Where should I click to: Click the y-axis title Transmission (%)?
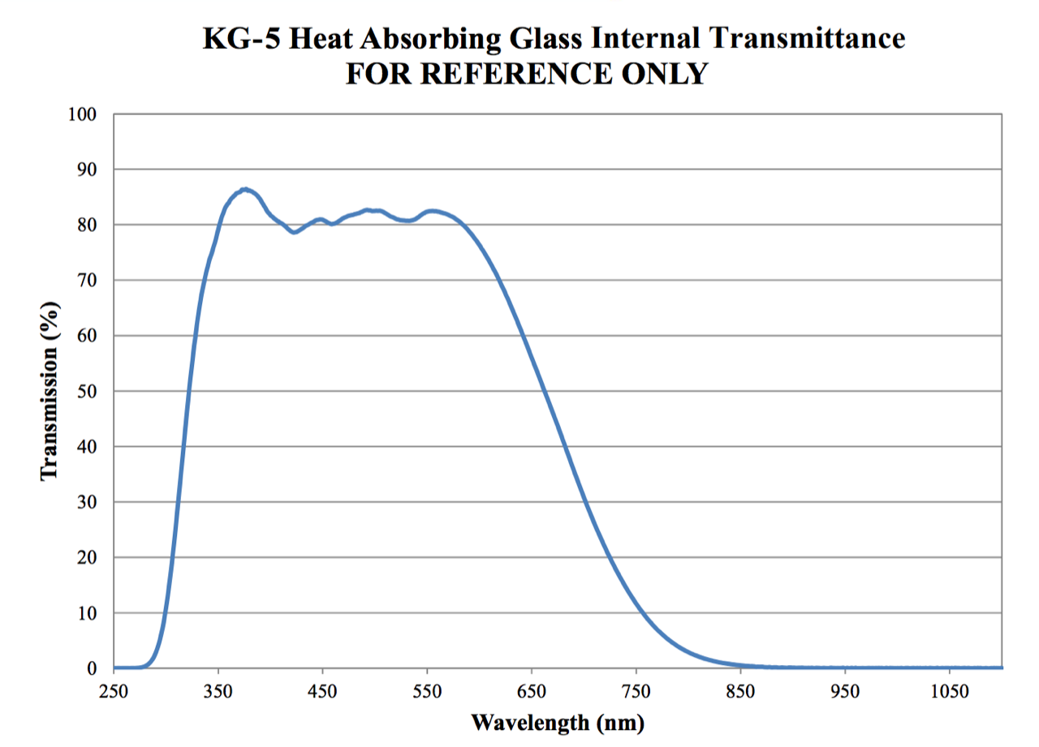[50, 391]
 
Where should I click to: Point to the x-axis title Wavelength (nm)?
[558, 721]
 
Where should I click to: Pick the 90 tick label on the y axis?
[86, 170]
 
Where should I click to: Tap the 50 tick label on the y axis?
[86, 392]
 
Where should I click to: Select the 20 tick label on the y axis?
[86, 558]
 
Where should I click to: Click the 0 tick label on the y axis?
[92, 669]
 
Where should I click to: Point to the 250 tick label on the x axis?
[114, 693]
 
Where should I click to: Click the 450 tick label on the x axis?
[323, 693]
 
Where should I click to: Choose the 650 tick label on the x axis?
[532, 693]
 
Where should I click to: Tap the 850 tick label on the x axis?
[740, 693]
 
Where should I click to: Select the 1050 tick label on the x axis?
[949, 693]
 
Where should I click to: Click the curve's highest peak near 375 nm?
[245, 189]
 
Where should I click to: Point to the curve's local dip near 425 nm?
[295, 232]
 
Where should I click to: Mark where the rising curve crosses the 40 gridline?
[183, 446]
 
